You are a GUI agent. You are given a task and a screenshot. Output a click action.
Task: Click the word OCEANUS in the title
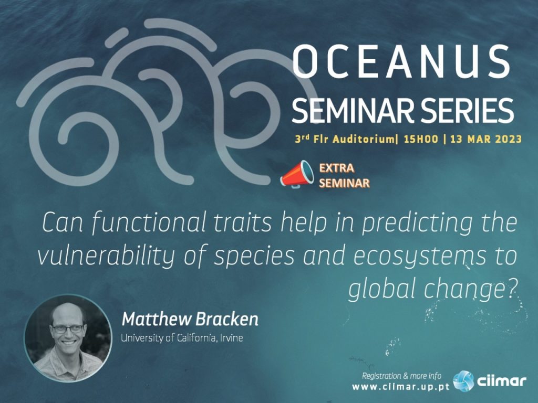coord(401,62)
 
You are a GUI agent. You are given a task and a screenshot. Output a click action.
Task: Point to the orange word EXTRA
coord(337,168)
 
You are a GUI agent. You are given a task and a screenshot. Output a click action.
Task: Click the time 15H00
coord(421,139)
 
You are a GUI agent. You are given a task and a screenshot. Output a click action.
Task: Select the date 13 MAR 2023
coord(486,139)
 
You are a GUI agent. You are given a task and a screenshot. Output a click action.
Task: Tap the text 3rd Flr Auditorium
coord(345,139)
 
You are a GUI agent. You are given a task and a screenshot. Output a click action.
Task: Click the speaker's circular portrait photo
coord(68,338)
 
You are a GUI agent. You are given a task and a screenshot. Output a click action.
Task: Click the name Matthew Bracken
coord(190,319)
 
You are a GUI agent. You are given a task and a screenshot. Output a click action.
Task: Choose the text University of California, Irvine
coord(182,338)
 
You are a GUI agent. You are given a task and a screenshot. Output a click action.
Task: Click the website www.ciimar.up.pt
coord(401,387)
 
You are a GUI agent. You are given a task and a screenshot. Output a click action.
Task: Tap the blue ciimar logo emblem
coord(463,381)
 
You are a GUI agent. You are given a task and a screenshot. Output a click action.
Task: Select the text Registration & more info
coord(402,376)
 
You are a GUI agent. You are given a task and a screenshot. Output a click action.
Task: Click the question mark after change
coord(512,290)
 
